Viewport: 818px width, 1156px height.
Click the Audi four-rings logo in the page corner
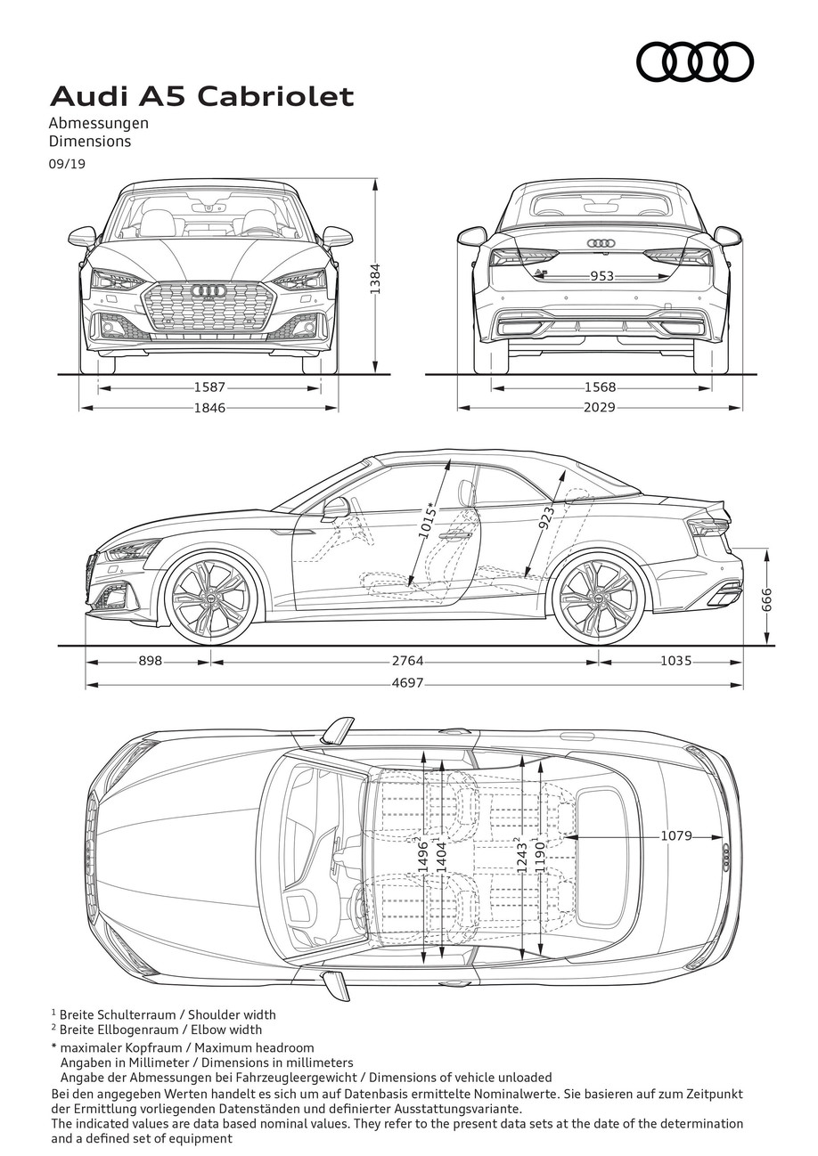coord(694,62)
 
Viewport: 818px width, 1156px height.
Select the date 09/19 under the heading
coord(67,164)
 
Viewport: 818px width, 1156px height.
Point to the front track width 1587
coord(209,387)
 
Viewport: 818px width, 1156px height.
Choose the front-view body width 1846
coord(209,408)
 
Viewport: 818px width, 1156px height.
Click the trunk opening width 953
coord(602,277)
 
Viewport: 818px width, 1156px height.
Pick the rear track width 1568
coord(600,387)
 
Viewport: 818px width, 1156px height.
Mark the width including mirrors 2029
coord(600,408)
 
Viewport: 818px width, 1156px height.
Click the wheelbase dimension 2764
coord(407,661)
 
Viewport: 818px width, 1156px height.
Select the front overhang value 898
coord(151,661)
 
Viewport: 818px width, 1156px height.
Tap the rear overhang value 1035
coord(676,661)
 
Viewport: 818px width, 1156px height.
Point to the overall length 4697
coord(407,683)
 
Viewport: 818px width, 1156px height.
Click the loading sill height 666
coord(767,599)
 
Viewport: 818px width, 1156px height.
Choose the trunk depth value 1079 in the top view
coord(676,835)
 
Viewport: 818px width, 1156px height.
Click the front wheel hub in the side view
coord(211,597)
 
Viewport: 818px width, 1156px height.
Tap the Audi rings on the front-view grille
coord(209,290)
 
